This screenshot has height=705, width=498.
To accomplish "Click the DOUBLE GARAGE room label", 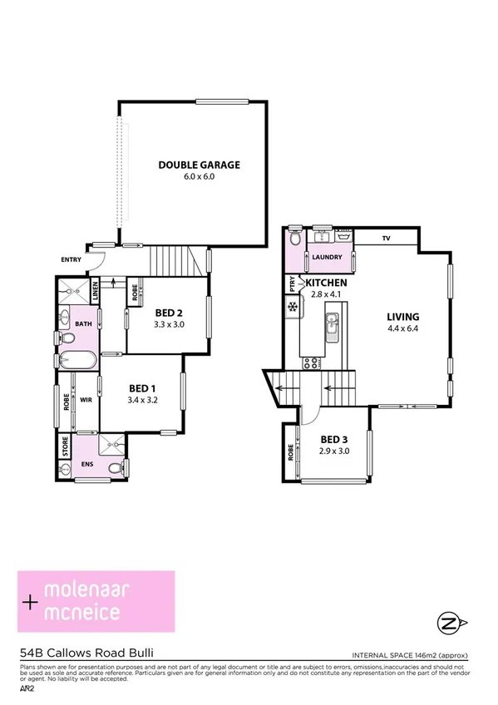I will (199, 165).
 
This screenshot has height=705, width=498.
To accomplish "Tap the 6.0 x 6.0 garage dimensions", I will (199, 176).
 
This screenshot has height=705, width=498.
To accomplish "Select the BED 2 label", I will (170, 313).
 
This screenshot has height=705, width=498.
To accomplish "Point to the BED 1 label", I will (143, 388).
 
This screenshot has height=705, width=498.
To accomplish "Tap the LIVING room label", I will (402, 317).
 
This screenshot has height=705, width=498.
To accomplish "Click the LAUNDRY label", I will (327, 258).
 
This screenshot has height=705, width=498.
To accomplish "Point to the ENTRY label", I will (71, 260).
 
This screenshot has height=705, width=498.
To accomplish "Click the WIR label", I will (86, 400).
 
